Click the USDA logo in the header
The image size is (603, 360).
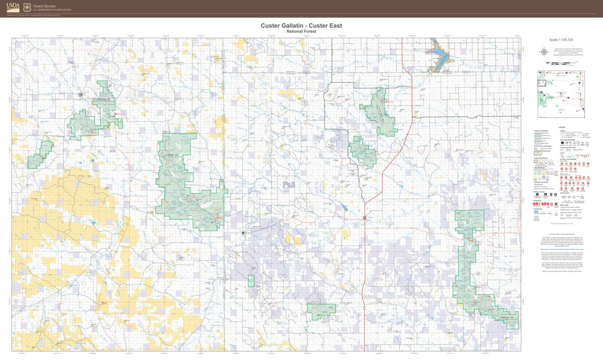[x=13, y=7]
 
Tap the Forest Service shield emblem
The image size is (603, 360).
[x=27, y=7]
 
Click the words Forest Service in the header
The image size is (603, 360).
[x=44, y=6]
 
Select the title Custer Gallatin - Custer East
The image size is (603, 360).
[x=301, y=25]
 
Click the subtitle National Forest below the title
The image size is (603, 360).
[x=301, y=31]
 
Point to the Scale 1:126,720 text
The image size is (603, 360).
[x=561, y=40]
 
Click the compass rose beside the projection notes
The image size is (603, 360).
[x=544, y=52]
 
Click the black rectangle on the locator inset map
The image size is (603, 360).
[x=542, y=83]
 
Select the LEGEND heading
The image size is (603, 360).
[x=562, y=127]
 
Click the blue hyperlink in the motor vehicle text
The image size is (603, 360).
[x=562, y=249]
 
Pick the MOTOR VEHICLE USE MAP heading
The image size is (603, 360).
[x=562, y=235]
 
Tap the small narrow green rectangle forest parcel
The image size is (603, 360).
[x=251, y=281]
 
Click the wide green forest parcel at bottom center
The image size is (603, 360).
[x=321, y=309]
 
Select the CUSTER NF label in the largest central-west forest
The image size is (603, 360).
[x=173, y=155]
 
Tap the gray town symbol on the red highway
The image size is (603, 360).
[x=365, y=218]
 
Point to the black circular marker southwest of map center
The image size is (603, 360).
[x=243, y=233]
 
